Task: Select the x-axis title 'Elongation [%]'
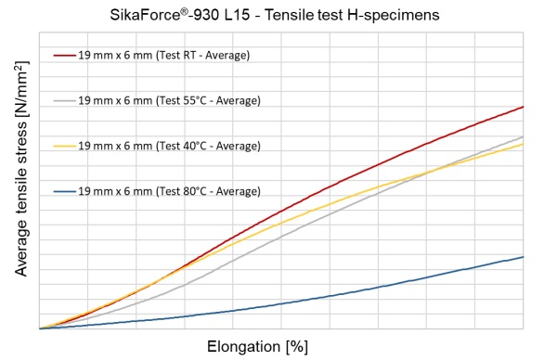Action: point(257,347)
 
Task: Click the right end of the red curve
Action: point(524,107)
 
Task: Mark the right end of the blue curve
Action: point(524,257)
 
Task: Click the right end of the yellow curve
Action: point(524,144)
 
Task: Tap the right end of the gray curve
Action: point(524,136)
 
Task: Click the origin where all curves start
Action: point(39,328)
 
